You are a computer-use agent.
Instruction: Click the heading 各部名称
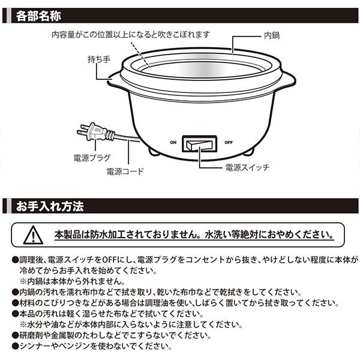point(38,16)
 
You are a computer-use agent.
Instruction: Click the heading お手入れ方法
point(50,206)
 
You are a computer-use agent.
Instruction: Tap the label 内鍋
point(272,35)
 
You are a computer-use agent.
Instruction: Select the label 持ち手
point(99,59)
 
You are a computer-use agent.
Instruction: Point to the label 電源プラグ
point(92,158)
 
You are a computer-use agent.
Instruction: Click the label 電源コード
point(125,171)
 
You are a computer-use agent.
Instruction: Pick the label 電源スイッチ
point(247,167)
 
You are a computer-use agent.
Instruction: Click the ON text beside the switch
point(173,143)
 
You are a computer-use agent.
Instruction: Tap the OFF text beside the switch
point(229,143)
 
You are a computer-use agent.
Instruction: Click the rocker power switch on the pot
point(199,144)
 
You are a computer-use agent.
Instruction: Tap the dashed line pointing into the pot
point(140,54)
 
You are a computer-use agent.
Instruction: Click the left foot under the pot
point(153,152)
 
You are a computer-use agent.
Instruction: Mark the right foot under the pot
point(250,152)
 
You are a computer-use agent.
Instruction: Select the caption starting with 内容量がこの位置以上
point(130,35)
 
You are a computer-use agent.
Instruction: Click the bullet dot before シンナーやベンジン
point(15,346)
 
